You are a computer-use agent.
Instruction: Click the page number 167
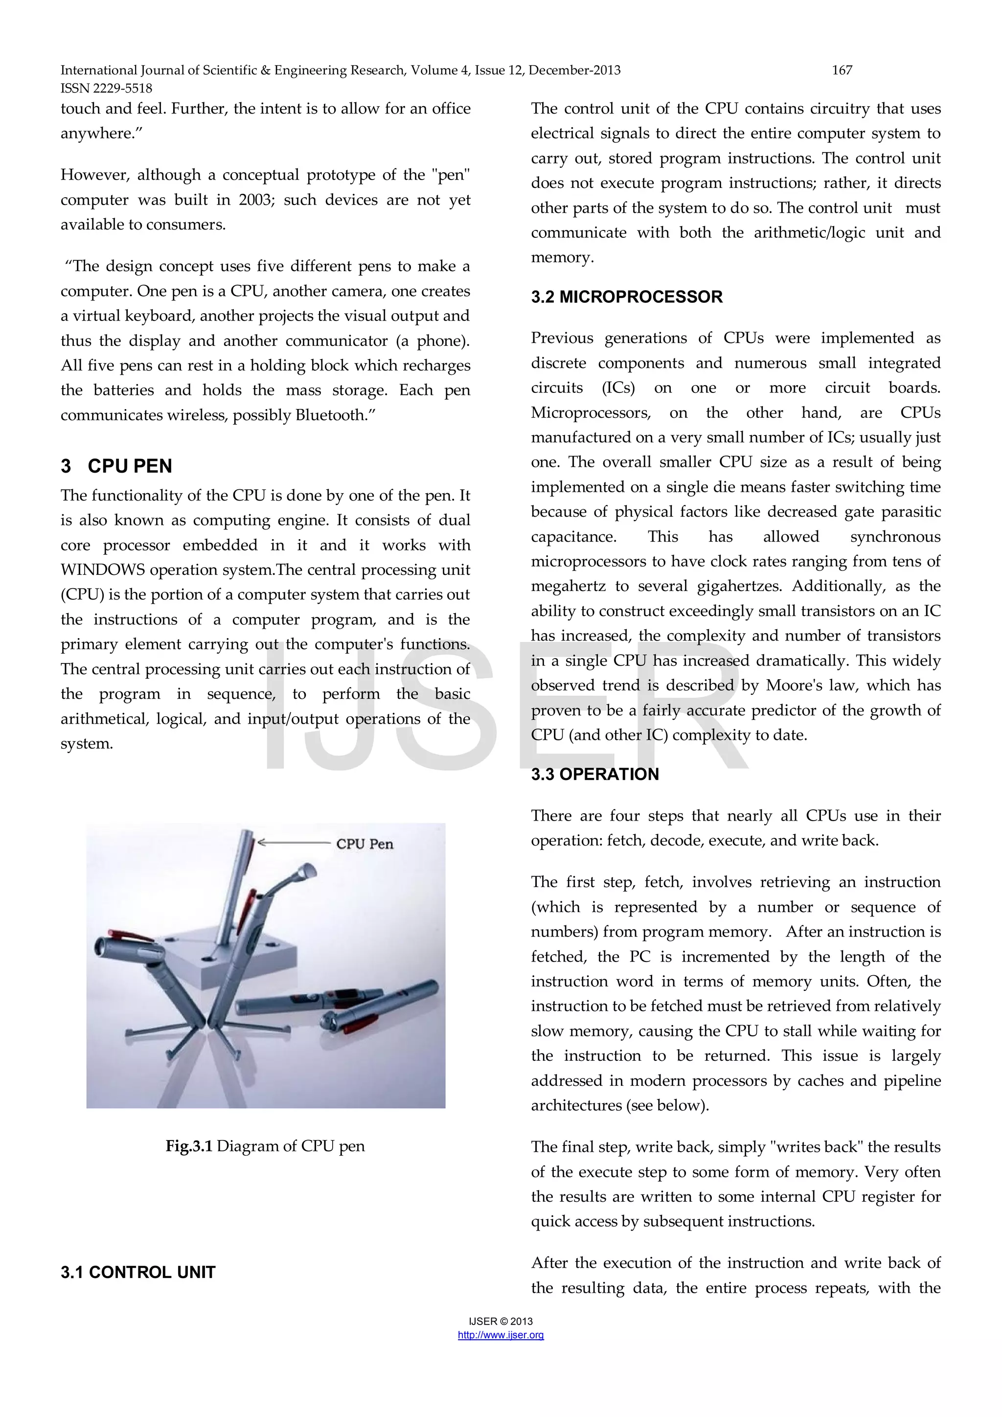pyautogui.click(x=842, y=70)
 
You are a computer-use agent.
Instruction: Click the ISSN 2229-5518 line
pyautogui.click(x=106, y=88)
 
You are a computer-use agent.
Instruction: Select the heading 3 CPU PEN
pyautogui.click(x=116, y=466)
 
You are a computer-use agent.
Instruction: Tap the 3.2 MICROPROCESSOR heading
pyautogui.click(x=626, y=297)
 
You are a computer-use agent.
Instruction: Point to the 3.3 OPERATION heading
pyautogui.click(x=595, y=774)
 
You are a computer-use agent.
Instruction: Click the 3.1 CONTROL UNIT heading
pyautogui.click(x=138, y=1272)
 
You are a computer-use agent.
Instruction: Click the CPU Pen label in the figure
pyautogui.click(x=364, y=844)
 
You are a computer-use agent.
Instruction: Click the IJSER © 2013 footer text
pyautogui.click(x=501, y=1321)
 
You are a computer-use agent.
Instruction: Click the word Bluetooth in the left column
pyautogui.click(x=330, y=415)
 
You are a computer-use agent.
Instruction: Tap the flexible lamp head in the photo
pyautogui.click(x=307, y=873)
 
